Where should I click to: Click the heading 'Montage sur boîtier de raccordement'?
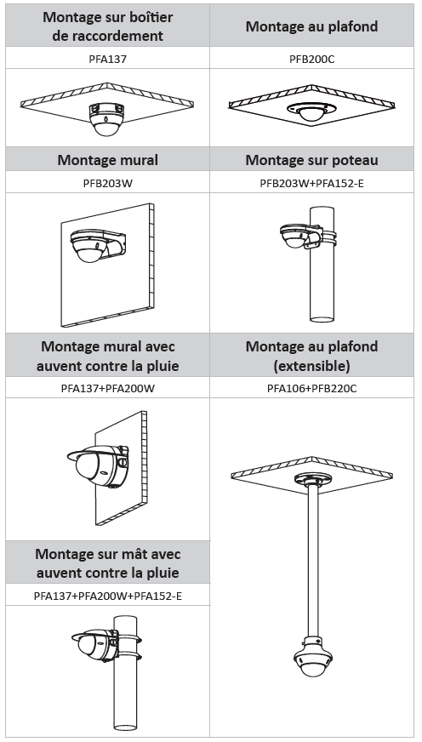[107, 26]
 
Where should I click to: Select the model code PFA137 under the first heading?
[107, 60]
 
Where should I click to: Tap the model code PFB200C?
[311, 60]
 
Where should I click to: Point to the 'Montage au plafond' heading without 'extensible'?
[311, 26]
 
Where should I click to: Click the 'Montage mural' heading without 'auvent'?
[107, 159]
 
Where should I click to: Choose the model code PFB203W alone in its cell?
[107, 183]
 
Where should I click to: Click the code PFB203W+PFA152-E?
[311, 183]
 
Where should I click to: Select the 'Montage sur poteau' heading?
[311, 159]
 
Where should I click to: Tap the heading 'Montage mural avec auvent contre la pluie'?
[107, 356]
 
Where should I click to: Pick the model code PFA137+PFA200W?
[107, 389]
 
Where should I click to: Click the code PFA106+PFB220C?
[311, 389]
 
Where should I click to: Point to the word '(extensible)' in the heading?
[311, 365]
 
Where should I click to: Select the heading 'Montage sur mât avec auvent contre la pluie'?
[107, 563]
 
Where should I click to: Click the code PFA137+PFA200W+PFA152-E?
[107, 596]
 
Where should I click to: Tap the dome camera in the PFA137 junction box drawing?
[106, 119]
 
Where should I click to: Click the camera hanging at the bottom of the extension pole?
[313, 656]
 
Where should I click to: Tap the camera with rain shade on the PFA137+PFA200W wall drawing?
[99, 465]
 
